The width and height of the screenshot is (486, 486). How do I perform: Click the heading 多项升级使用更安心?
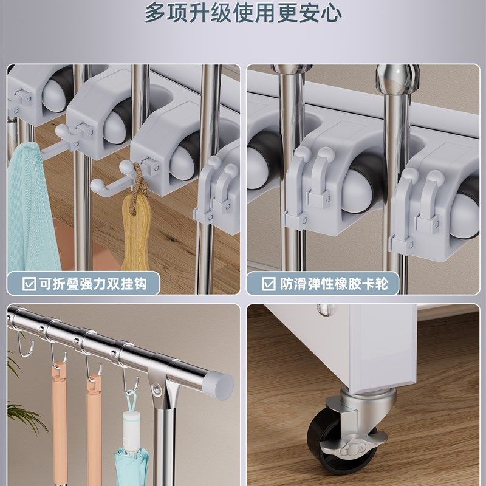243,13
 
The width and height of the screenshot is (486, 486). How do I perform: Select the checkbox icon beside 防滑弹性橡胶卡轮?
268,283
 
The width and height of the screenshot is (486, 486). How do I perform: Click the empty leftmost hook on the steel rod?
24,346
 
